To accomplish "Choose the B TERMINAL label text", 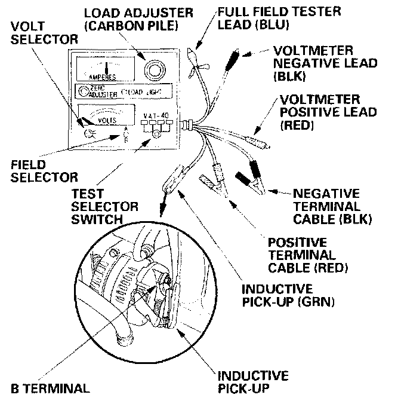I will click(x=50, y=388).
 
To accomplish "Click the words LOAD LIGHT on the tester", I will click(x=143, y=93).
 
